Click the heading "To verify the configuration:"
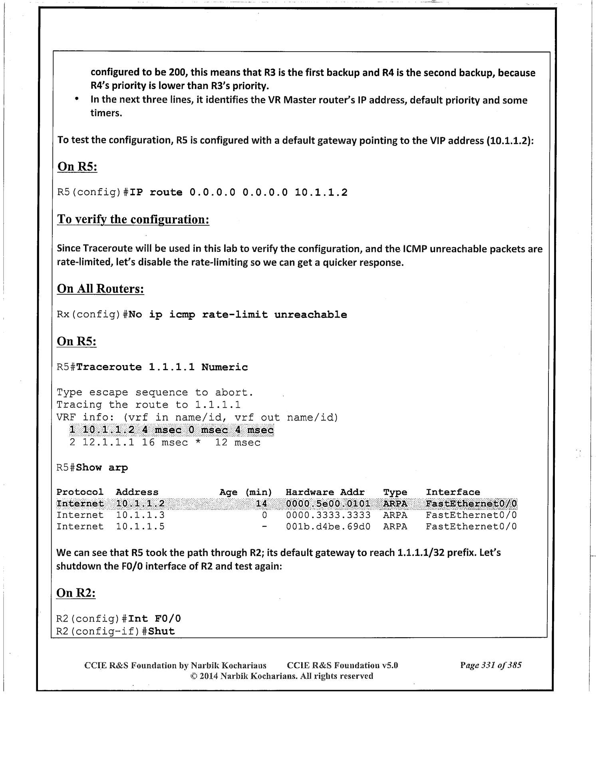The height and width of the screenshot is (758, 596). [133, 219]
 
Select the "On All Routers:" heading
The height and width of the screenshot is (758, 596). [100, 289]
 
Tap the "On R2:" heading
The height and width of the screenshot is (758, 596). [76, 593]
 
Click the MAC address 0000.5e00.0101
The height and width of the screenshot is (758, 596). [328, 504]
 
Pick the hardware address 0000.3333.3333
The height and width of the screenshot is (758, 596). [328, 515]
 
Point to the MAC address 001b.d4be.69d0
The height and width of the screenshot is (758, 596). [328, 527]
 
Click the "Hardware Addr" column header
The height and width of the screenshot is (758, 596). [325, 492]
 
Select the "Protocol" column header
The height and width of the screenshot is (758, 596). [80, 492]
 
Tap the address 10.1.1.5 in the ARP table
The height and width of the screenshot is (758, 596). [140, 527]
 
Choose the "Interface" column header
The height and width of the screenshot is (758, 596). [453, 492]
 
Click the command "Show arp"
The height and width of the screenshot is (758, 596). [102, 468]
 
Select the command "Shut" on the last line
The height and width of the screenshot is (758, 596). [161, 632]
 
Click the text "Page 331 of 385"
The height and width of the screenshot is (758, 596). [491, 665]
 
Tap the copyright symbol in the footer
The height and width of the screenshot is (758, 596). [193, 676]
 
